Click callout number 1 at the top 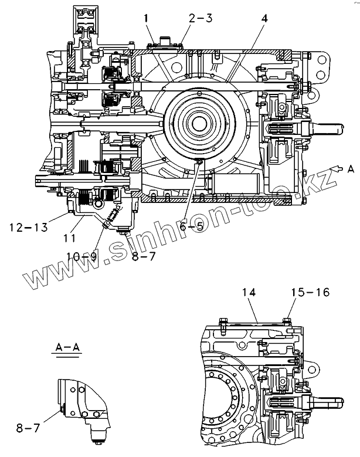146,19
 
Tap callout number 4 264,19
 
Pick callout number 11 69,239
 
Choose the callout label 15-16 310,291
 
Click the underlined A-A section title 68,348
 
